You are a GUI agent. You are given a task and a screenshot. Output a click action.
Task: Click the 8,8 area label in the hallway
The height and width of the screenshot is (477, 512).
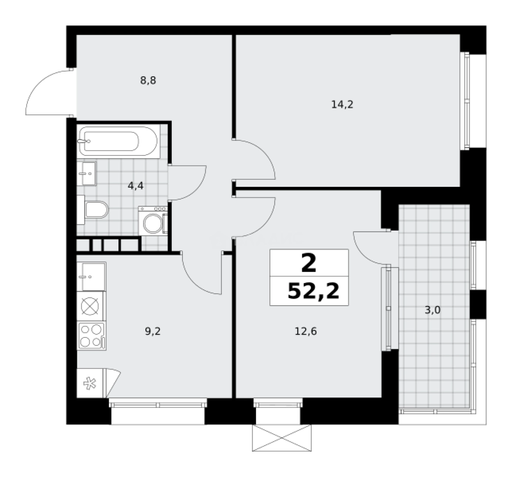pyautogui.click(x=148, y=81)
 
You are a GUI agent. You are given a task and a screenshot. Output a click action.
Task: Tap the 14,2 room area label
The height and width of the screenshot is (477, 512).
pyautogui.click(x=342, y=105)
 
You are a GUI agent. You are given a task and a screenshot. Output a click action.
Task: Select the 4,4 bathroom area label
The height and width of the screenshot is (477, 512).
pyautogui.click(x=136, y=185)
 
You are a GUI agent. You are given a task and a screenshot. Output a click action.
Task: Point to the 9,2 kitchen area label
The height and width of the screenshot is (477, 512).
pyautogui.click(x=153, y=331)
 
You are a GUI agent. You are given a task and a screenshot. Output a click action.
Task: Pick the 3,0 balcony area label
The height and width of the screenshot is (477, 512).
pyautogui.click(x=432, y=310)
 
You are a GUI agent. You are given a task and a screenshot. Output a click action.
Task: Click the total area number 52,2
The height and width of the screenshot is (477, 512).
pyautogui.click(x=313, y=291)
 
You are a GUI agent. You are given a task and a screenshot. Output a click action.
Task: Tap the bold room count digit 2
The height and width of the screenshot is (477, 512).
pyautogui.click(x=309, y=264)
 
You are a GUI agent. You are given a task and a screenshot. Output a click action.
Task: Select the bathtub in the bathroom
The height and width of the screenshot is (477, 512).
pyautogui.click(x=118, y=141)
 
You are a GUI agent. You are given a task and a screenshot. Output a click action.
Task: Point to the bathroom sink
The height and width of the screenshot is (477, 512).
pyautogui.click(x=87, y=173)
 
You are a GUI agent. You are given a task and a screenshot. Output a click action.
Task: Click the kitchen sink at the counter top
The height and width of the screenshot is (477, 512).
pyautogui.click(x=91, y=276)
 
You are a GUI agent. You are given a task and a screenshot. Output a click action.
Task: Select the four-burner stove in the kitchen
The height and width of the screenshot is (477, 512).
pyautogui.click(x=91, y=336)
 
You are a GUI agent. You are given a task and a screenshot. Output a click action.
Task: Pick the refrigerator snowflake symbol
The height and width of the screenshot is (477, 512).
pyautogui.click(x=90, y=383)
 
